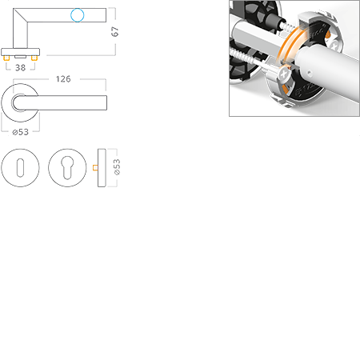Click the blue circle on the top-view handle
click(77, 14)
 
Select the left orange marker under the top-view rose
click(7, 58)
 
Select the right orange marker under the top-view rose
click(36, 58)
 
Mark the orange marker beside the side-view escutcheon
click(94, 168)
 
